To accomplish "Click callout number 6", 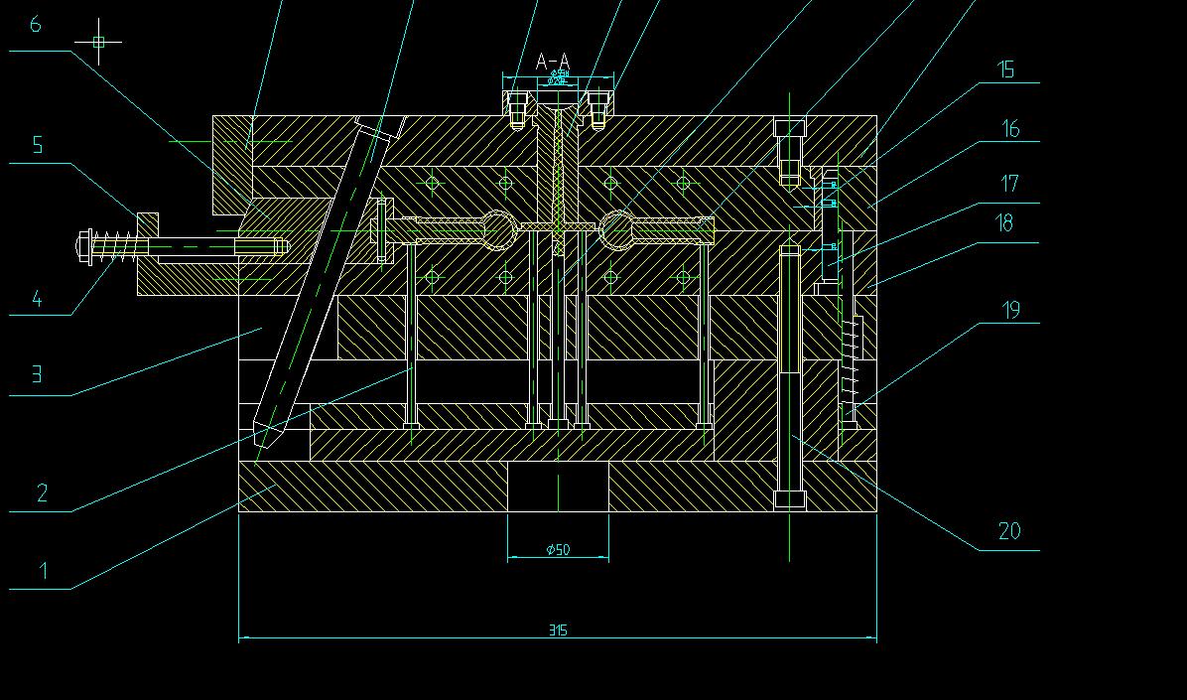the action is click(x=36, y=24).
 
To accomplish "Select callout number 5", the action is click(x=38, y=145).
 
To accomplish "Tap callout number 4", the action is click(x=37, y=298).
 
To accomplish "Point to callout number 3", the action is click(x=37, y=374).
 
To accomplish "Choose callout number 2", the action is click(x=42, y=492).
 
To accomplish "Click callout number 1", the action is click(x=43, y=570).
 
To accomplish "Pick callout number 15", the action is click(x=1006, y=69).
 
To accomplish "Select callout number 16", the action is click(x=1010, y=128).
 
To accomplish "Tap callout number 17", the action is click(x=1009, y=184).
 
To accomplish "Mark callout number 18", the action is click(x=1005, y=223).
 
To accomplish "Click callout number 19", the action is click(x=1010, y=310).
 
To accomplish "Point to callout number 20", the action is click(x=1008, y=531).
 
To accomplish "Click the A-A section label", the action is click(x=553, y=63).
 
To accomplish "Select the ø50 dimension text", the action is click(x=558, y=549).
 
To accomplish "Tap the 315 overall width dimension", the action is click(x=558, y=630).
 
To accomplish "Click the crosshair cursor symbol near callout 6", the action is click(x=98, y=42).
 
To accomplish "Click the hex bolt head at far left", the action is click(x=83, y=244).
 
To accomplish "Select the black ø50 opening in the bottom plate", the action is click(x=558, y=487).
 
